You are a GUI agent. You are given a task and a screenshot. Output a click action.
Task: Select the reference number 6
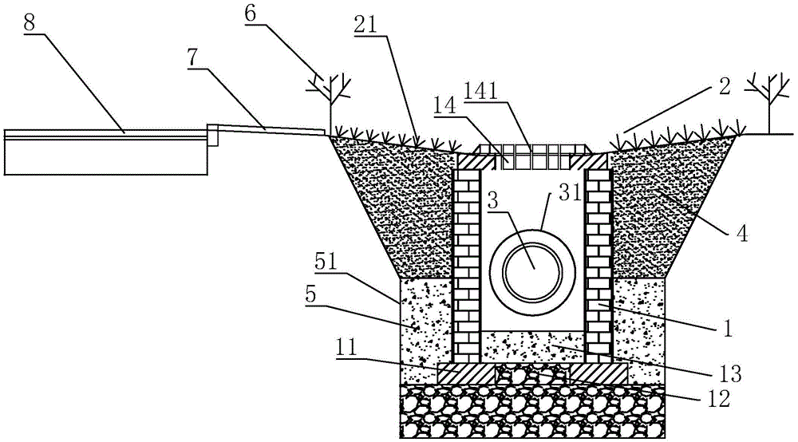point(251,14)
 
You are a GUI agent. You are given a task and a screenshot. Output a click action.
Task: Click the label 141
point(480,92)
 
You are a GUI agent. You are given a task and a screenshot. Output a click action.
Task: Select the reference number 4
point(741,234)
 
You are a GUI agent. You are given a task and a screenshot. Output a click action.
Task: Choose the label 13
point(729,374)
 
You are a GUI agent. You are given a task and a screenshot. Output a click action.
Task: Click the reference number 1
point(728,328)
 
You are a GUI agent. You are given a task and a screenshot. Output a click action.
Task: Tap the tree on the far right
point(769,103)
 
